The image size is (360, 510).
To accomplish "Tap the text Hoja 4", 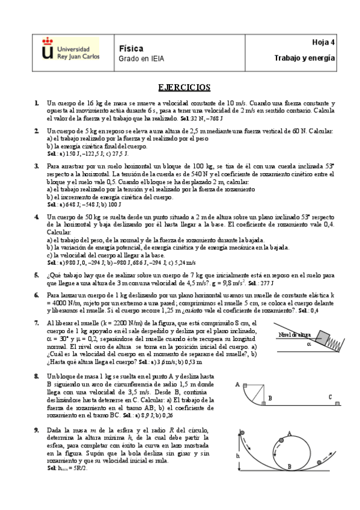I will pyautogui.click(x=324, y=42).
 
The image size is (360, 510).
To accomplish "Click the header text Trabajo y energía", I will pyautogui.click(x=304, y=58).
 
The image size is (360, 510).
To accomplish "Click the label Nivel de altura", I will pyautogui.click(x=294, y=334).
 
